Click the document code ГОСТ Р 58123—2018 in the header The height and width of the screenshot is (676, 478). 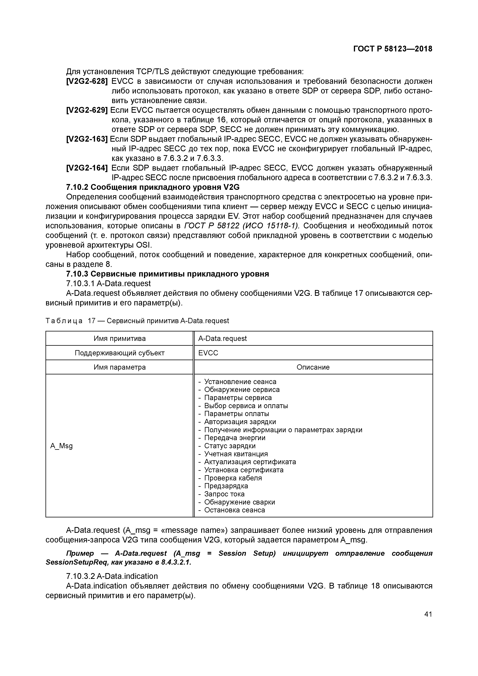point(393,49)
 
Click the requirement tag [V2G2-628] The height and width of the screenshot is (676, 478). point(87,81)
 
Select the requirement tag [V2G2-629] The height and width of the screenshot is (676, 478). point(87,110)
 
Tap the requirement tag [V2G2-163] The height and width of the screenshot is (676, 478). point(87,139)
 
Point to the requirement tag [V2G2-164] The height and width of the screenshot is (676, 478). point(87,168)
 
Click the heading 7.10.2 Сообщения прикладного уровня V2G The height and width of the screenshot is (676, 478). point(153,187)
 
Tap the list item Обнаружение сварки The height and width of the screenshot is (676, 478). point(239,502)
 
